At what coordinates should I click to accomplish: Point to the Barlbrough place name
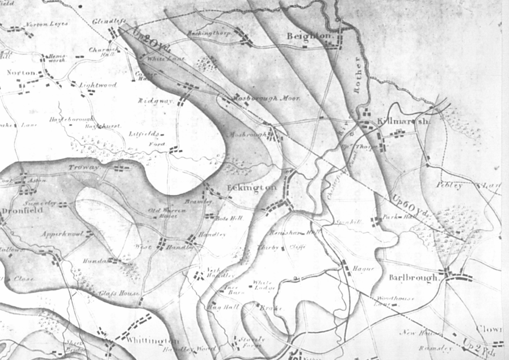point(415,278)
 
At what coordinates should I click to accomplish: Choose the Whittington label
point(153,340)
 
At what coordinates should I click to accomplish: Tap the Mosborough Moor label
point(266,98)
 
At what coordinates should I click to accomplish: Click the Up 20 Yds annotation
point(148,40)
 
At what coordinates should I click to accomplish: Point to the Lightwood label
point(98,85)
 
